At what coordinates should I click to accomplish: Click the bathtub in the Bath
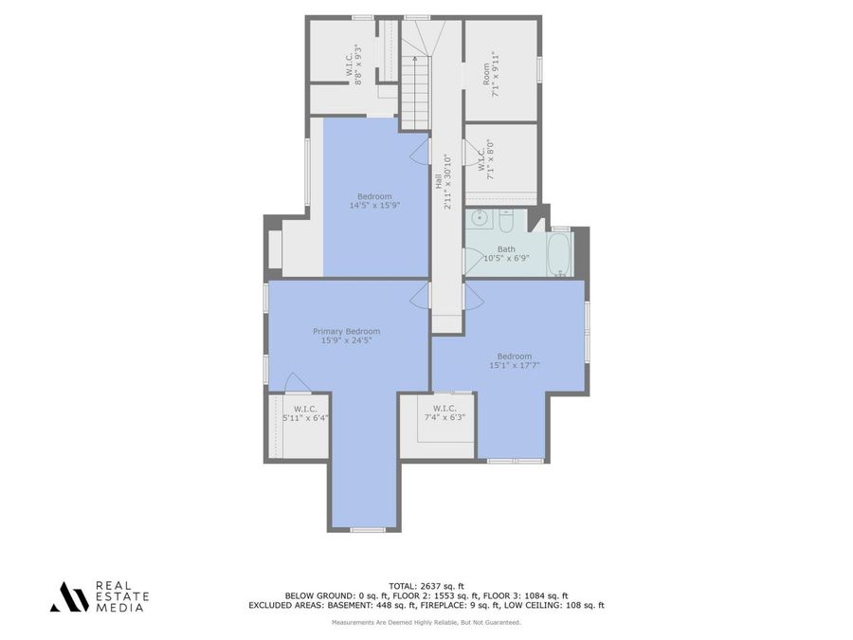(x=560, y=254)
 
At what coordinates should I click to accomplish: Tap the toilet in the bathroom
(x=506, y=221)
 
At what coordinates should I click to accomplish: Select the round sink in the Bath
(x=481, y=218)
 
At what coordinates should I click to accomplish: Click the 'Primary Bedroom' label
(x=347, y=331)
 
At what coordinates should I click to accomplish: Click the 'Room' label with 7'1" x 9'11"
(x=486, y=73)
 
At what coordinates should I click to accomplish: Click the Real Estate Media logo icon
(x=69, y=596)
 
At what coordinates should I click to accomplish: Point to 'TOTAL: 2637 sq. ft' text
(x=426, y=585)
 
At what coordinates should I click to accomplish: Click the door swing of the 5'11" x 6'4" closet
(x=298, y=382)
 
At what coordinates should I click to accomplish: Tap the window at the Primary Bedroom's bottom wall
(x=367, y=529)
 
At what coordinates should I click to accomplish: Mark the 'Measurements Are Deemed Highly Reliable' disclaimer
(x=426, y=622)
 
